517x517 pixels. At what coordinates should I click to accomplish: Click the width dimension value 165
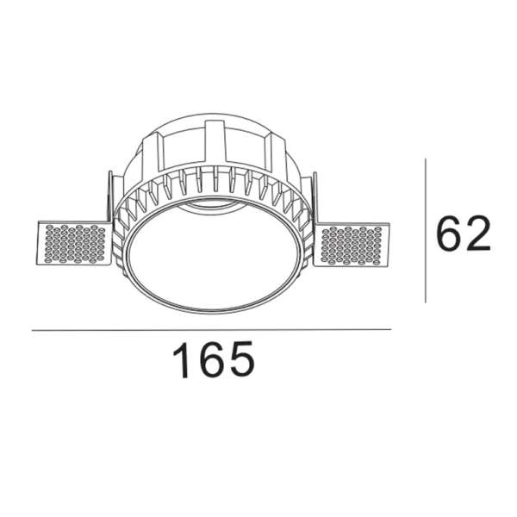215,361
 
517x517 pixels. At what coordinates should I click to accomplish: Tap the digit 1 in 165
184,361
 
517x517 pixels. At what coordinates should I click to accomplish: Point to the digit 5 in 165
241,361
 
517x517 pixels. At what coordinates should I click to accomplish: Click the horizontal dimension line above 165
211,329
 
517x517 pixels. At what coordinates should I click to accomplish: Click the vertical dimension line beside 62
426,231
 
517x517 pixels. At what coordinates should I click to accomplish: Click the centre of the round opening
214,259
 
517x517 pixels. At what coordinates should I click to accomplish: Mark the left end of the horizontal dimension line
33,329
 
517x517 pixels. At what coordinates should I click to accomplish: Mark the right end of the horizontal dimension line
390,329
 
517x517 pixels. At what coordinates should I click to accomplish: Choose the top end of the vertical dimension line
426,159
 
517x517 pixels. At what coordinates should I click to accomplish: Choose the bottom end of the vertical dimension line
426,302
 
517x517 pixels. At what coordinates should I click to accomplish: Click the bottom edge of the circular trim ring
214,312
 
